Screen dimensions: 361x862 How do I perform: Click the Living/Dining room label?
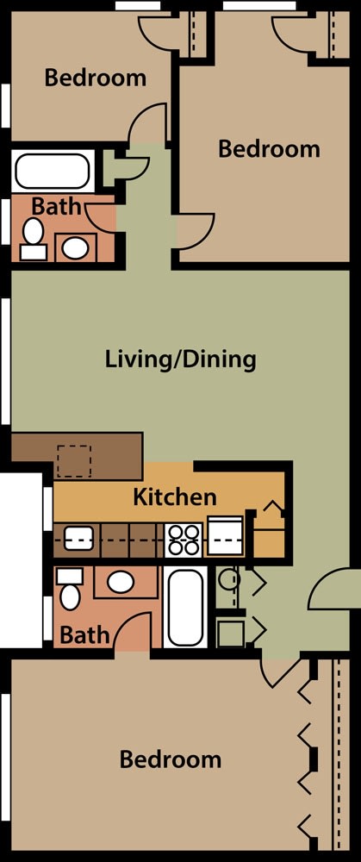pyautogui.click(x=180, y=360)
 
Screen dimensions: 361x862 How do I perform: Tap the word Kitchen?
pyautogui.click(x=175, y=497)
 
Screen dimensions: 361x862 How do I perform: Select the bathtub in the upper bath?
pyautogui.click(x=53, y=171)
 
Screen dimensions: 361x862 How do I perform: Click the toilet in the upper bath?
pyautogui.click(x=33, y=239)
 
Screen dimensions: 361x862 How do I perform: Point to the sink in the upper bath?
pyautogui.click(x=75, y=247)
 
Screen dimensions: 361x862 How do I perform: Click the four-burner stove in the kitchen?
pyautogui.click(x=184, y=540)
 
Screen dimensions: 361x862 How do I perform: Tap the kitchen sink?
pyautogui.click(x=78, y=538)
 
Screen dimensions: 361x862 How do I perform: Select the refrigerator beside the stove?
pyautogui.click(x=224, y=536)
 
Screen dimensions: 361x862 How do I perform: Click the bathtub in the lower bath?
pyautogui.click(x=185, y=607)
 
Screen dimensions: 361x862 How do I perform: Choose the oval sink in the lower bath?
pyautogui.click(x=121, y=582)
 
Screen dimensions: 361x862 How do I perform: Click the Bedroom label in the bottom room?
pyautogui.click(x=171, y=759)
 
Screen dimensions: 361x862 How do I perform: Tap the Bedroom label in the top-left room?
pyautogui.click(x=95, y=78)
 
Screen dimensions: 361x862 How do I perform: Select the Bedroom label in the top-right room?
pyautogui.click(x=269, y=149)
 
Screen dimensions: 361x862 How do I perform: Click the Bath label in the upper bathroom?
pyautogui.click(x=56, y=207)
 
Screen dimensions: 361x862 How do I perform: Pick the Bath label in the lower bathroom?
pyautogui.click(x=84, y=635)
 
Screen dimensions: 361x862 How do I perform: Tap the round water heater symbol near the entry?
pyautogui.click(x=228, y=578)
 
